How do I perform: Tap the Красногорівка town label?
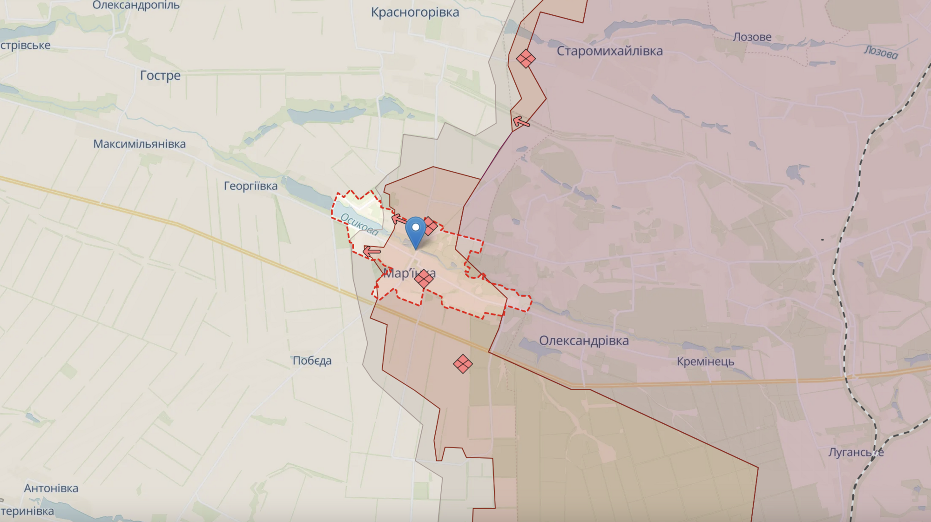coord(415,12)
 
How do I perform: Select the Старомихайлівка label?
coord(609,51)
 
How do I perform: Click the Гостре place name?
coord(160,75)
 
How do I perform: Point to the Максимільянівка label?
coord(139,144)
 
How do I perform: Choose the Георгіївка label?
coord(250,186)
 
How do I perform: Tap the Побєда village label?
coord(312,361)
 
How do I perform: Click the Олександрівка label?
coord(584,341)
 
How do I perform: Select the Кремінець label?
coord(705,361)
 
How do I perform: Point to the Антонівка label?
coord(51,488)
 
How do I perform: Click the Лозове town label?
coord(752,37)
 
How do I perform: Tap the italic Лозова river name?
coord(881,52)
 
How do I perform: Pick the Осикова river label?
coord(359,224)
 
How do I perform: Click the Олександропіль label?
coord(136,6)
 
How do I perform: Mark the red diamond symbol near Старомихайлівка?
coord(526,59)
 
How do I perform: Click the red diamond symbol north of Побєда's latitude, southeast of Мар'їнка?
coord(463,364)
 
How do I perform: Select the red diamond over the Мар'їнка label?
coord(424,279)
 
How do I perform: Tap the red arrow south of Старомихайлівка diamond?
coord(521,122)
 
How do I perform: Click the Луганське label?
coord(856,452)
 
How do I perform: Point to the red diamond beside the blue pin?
coord(430,226)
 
